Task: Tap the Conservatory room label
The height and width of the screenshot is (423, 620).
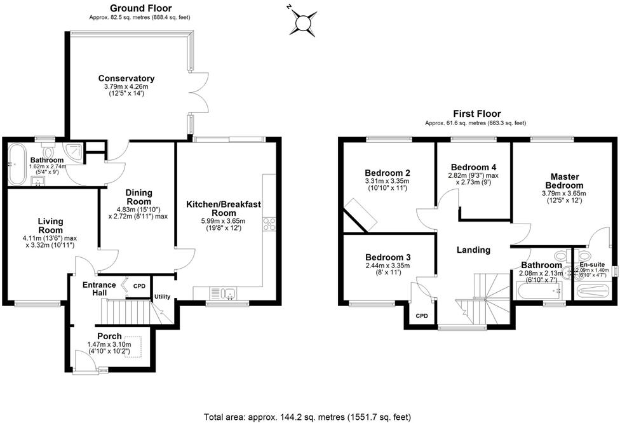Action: [x=126, y=79]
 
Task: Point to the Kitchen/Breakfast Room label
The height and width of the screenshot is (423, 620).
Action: [x=224, y=208]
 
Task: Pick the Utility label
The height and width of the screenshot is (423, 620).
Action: [x=161, y=297]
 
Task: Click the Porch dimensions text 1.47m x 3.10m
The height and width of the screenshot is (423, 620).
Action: [x=109, y=345]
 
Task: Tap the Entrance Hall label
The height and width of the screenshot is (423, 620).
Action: [x=100, y=289]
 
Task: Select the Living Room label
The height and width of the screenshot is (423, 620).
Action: [x=50, y=225]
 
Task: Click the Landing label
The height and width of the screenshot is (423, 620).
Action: [x=473, y=250]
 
